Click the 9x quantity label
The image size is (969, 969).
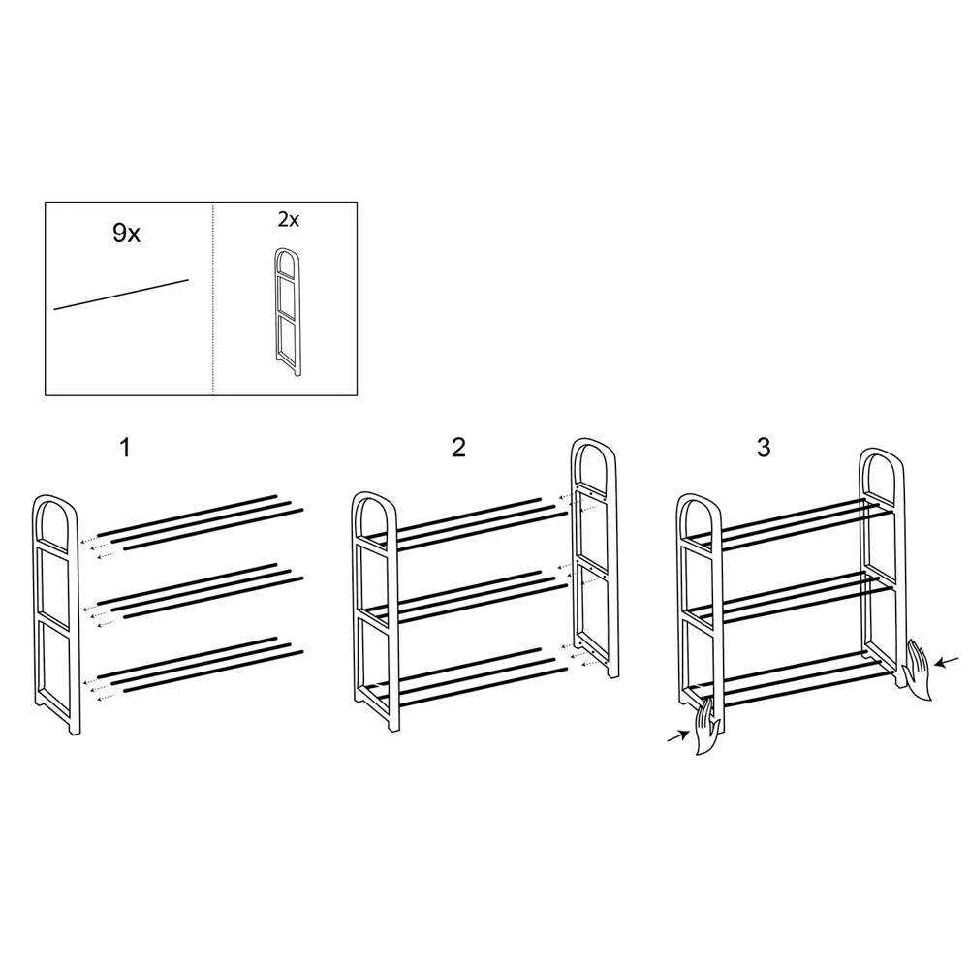pyautogui.click(x=127, y=234)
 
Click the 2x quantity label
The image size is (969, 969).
pyautogui.click(x=289, y=219)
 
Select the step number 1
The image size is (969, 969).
pyautogui.click(x=125, y=448)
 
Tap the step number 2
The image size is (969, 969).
pyautogui.click(x=458, y=448)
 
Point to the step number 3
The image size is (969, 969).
pyautogui.click(x=764, y=448)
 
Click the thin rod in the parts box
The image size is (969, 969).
pyautogui.click(x=121, y=295)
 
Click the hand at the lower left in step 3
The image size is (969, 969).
pyautogui.click(x=707, y=727)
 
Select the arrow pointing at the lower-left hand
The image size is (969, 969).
pyautogui.click(x=678, y=736)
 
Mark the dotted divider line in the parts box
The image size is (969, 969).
pyautogui.click(x=213, y=298)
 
